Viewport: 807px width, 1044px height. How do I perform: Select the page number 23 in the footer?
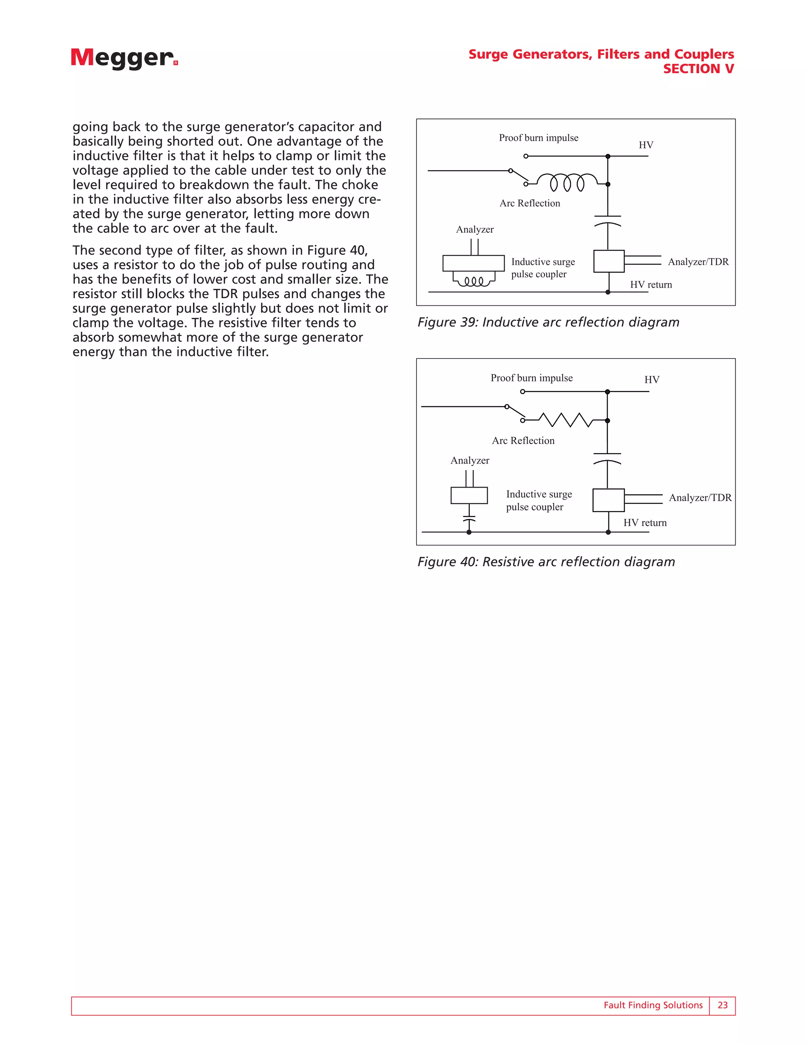[722, 1005]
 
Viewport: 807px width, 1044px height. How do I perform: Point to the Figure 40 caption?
[546, 562]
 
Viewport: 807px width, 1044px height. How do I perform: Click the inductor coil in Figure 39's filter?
[567, 182]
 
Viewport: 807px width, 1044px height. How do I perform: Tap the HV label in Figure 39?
[646, 145]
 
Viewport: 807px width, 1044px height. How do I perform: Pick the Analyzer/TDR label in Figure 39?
[698, 262]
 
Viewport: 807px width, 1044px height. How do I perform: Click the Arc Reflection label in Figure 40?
[523, 440]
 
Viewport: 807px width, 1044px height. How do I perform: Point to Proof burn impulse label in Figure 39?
[538, 137]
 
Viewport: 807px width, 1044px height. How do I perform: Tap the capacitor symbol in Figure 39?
[608, 220]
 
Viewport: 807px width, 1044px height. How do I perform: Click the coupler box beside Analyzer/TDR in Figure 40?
[608, 500]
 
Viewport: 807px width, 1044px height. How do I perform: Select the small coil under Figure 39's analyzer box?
[473, 281]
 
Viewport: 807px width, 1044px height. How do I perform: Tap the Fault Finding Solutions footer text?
[653, 1005]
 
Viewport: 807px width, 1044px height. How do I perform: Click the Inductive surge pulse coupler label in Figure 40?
[539, 500]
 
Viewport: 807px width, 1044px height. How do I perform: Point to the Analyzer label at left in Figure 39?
[475, 229]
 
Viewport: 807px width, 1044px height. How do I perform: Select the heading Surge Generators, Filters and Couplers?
[601, 54]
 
